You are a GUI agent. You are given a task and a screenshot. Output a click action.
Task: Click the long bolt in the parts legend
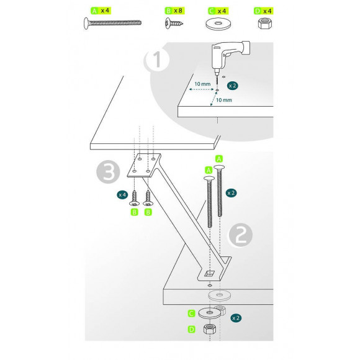[x=112, y=23]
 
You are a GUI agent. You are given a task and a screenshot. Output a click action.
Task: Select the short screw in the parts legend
[x=174, y=23]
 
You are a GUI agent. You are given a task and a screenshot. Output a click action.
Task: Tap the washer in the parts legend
[x=218, y=24]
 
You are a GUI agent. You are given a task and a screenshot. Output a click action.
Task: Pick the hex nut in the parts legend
[x=264, y=24]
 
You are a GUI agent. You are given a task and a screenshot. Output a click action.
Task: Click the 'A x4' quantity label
[x=101, y=11]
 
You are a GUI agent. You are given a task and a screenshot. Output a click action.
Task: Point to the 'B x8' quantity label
[x=174, y=11]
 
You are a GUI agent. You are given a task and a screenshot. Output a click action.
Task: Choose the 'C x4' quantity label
[x=218, y=11]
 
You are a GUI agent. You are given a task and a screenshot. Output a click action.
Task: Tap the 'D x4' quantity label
[x=264, y=11]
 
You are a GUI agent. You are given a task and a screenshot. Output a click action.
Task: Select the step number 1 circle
[x=157, y=60]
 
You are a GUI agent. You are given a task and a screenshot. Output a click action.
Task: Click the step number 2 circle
[x=240, y=235]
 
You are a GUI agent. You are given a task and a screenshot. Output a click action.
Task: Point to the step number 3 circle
[x=108, y=172]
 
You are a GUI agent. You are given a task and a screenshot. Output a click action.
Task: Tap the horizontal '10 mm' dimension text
[x=202, y=84]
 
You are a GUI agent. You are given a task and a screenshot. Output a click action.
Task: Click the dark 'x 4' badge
[x=122, y=195]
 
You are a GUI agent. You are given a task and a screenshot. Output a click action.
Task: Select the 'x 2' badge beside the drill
[x=232, y=86]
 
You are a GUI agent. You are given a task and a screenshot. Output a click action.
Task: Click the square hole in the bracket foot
[x=209, y=274]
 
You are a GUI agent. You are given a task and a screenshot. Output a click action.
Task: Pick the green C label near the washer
[x=191, y=313]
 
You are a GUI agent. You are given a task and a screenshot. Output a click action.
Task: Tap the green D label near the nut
[x=191, y=330]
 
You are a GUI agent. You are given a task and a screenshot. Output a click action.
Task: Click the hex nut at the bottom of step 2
[x=210, y=329]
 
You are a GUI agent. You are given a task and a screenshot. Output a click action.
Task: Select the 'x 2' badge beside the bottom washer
[x=236, y=318]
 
